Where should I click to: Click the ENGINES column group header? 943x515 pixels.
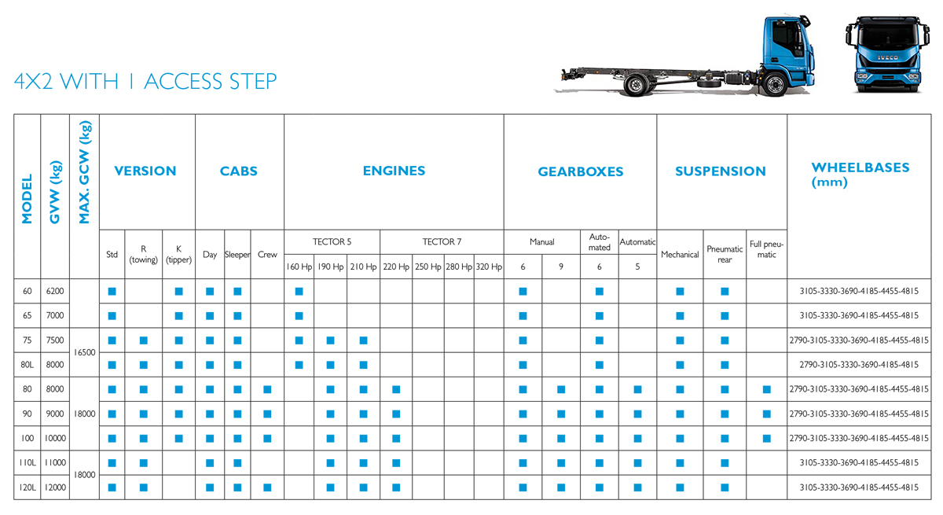394,171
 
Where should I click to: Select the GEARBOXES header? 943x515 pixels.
581,172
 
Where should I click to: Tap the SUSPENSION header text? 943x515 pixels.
721,171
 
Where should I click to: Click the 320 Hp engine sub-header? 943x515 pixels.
489,267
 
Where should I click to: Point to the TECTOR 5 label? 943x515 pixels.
332,241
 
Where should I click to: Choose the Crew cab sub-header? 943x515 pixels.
267,254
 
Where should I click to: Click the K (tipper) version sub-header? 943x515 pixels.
178,254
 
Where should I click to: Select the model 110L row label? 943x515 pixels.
28,463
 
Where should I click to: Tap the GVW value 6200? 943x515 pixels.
55,291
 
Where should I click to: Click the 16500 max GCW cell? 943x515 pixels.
84,352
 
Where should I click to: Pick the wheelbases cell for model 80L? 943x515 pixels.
859,365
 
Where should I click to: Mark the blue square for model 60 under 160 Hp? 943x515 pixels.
299,292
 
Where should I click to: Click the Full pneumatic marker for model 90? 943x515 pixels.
767,414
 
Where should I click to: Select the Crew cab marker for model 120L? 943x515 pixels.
267,487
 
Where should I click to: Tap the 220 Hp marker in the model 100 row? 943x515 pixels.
396,439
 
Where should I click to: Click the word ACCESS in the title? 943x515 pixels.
182,81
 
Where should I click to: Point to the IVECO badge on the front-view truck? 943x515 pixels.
887,57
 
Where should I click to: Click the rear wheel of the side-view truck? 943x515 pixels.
636,85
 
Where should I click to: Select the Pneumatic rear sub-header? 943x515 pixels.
725,254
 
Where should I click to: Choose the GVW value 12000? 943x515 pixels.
55,487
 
